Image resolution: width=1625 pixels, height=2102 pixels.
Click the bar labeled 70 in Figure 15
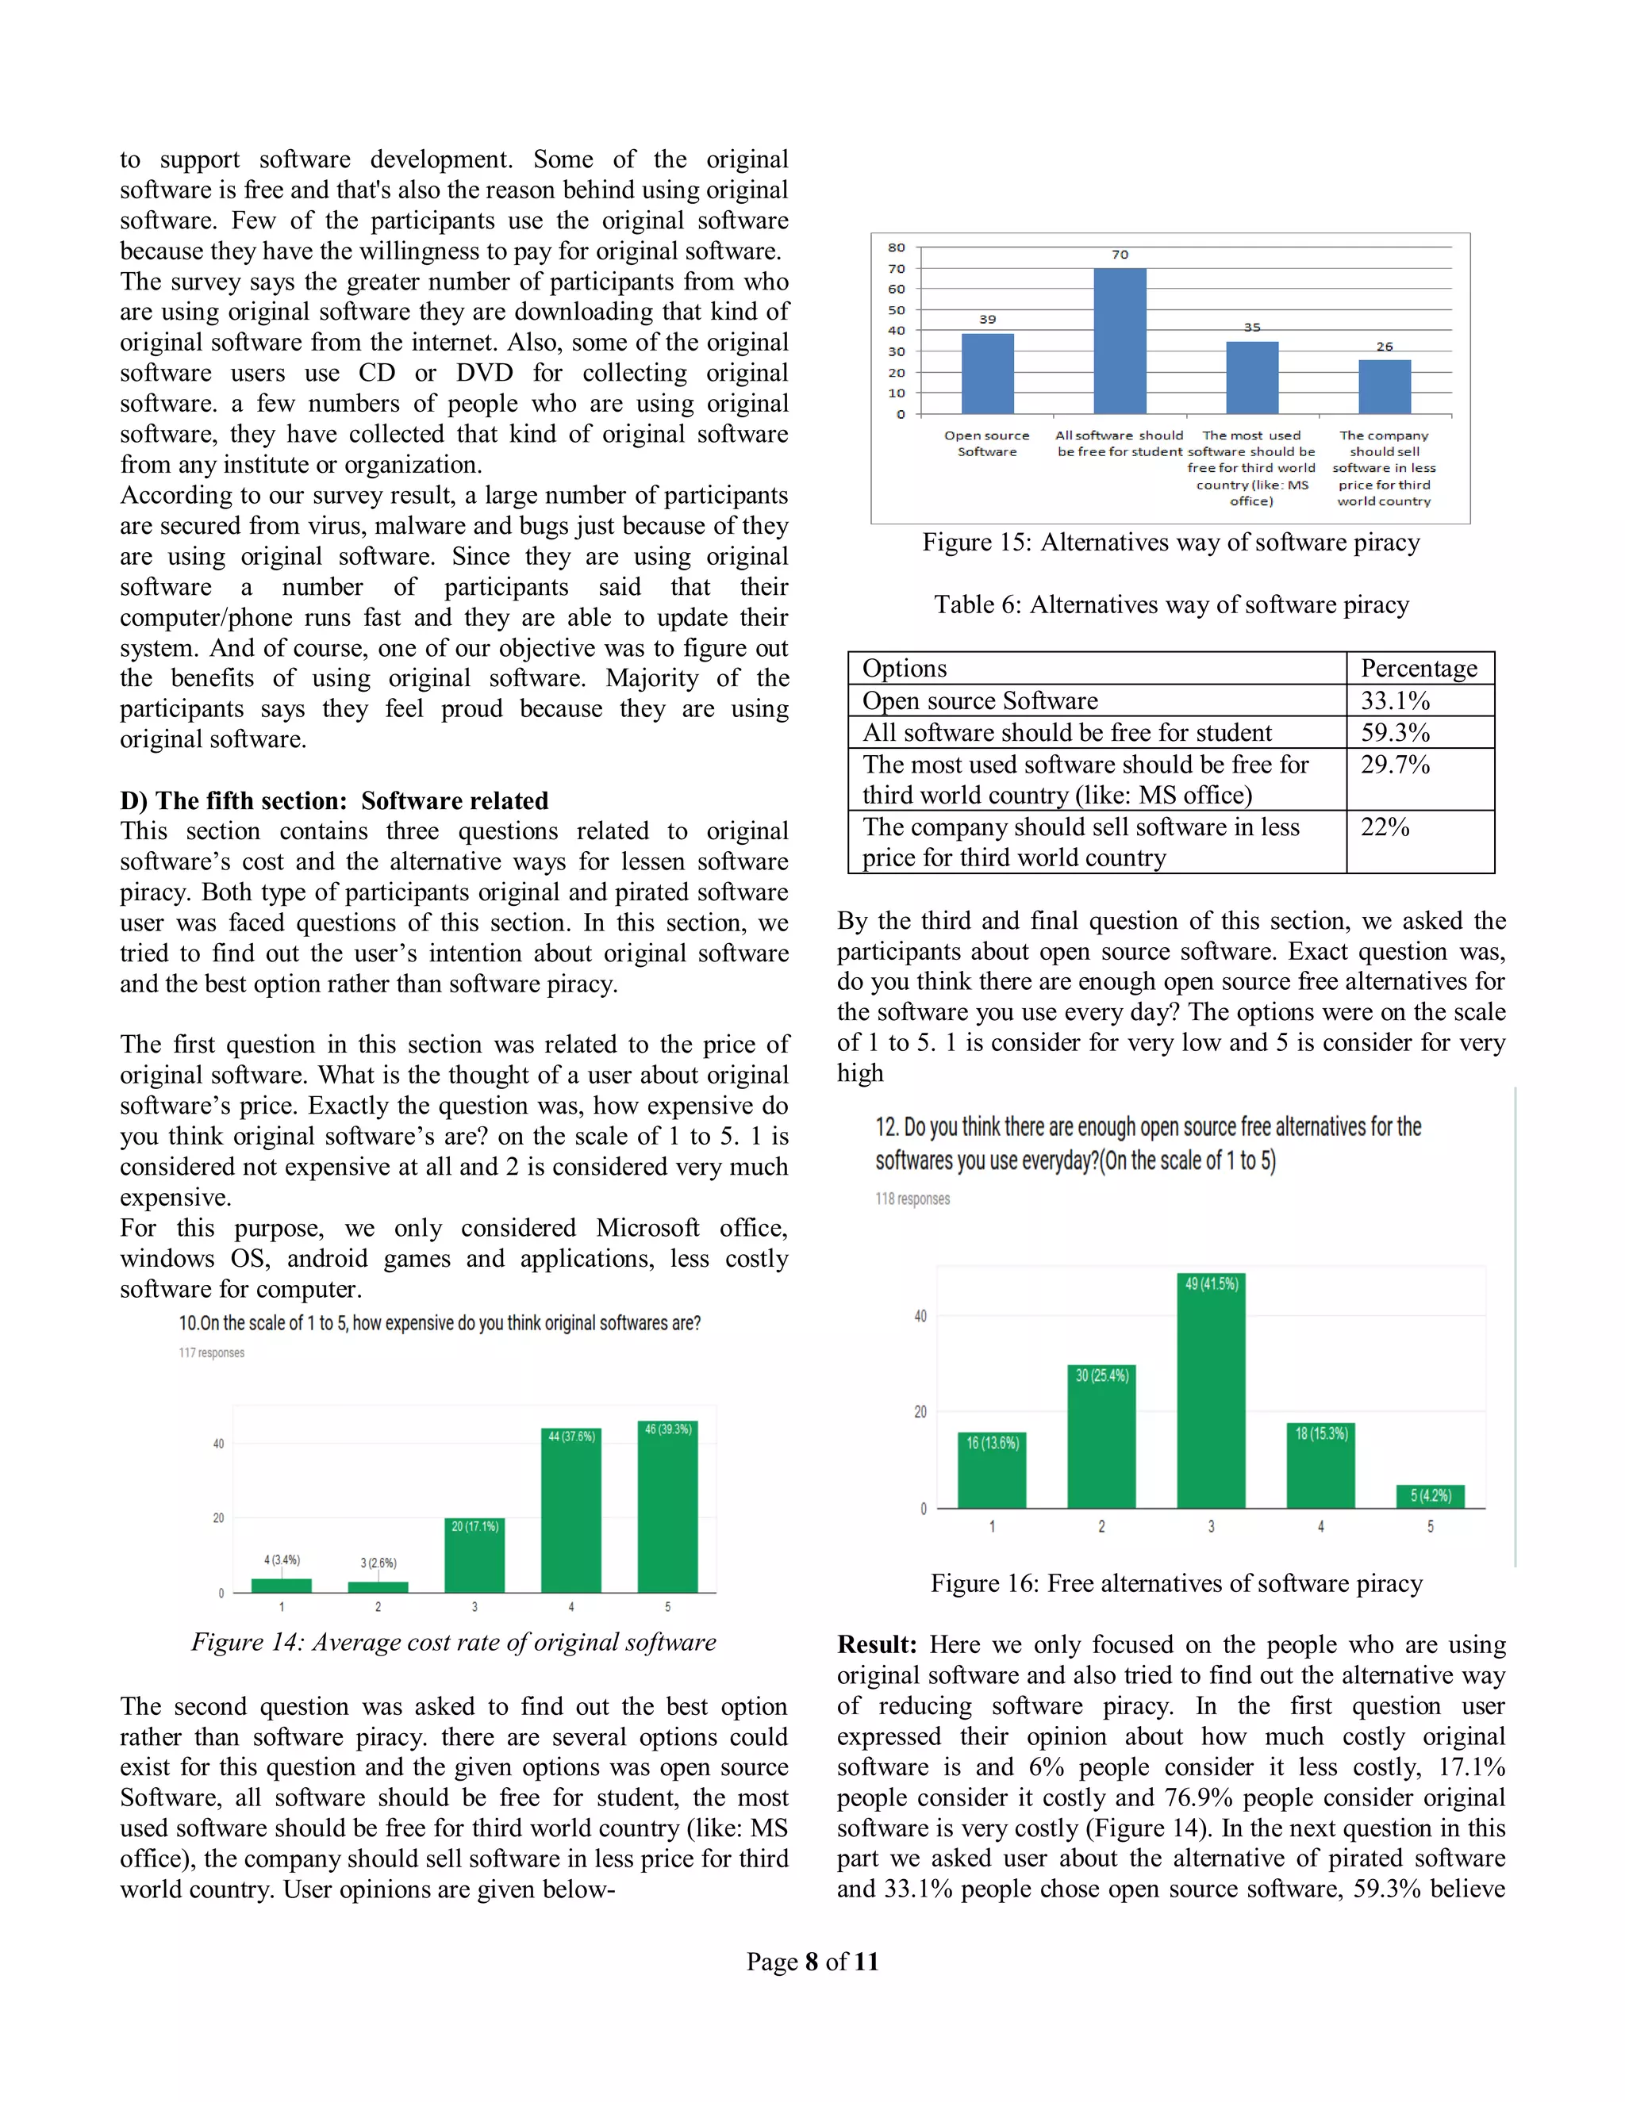point(1120,341)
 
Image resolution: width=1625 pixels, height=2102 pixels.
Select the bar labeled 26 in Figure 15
point(1385,387)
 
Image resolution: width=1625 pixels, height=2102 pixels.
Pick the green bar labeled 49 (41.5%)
point(1211,1390)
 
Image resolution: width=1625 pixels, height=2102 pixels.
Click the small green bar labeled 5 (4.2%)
point(1430,1497)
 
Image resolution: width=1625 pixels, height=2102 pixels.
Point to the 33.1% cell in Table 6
point(1395,700)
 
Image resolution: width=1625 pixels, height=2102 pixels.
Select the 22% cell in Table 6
point(1385,827)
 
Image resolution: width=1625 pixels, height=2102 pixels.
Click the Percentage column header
point(1418,668)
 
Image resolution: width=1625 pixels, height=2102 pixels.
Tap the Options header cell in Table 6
point(905,668)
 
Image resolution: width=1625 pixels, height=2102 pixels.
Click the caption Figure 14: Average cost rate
point(453,1642)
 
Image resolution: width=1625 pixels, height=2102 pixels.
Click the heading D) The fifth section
point(334,801)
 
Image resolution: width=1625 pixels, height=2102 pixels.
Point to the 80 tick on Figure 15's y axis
point(897,247)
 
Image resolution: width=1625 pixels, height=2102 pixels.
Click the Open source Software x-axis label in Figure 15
point(987,443)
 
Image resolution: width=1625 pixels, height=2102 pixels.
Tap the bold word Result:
point(876,1645)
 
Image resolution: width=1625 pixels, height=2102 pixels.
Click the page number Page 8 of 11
point(812,1962)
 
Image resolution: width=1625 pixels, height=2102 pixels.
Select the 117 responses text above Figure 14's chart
point(211,1353)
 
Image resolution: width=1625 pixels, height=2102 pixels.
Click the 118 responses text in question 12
point(912,1199)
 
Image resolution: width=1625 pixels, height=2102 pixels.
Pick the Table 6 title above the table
point(1170,604)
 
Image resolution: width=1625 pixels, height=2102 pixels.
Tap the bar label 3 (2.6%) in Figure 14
point(378,1563)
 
